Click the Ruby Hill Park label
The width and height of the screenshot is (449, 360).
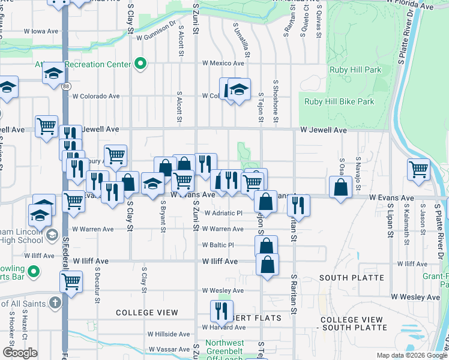click(355, 70)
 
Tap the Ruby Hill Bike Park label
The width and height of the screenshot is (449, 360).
click(339, 101)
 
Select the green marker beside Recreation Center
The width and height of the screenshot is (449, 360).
click(140, 64)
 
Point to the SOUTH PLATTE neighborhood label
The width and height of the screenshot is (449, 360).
click(352, 278)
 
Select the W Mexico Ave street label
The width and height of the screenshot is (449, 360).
click(222, 62)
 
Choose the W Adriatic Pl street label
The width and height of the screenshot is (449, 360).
click(222, 213)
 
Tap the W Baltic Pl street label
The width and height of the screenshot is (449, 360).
click(217, 245)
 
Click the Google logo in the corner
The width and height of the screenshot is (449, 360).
click(20, 353)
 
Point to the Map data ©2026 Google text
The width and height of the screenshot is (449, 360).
click(411, 355)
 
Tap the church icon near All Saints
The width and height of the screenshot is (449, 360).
click(55, 302)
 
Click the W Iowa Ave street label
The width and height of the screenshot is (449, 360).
click(40, 31)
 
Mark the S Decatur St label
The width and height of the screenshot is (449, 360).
click(96, 278)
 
